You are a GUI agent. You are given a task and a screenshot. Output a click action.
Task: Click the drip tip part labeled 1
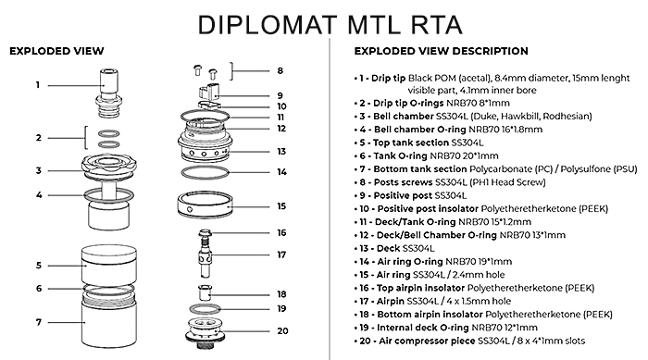[x=108, y=94]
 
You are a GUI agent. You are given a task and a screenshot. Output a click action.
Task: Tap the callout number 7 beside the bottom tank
[x=39, y=322]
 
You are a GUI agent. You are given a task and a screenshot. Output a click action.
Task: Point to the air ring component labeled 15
[x=205, y=205]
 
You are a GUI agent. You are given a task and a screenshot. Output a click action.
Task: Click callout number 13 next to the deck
[x=281, y=151]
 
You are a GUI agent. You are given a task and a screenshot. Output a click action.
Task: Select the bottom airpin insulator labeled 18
[x=205, y=292]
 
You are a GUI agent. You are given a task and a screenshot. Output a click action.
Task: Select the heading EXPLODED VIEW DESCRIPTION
[x=441, y=51]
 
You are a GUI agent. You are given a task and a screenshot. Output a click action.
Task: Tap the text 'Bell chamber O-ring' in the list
[x=419, y=130]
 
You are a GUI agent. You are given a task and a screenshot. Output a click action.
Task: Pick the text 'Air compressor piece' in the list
[x=427, y=341]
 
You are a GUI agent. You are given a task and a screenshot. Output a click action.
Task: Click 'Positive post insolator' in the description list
[x=428, y=209]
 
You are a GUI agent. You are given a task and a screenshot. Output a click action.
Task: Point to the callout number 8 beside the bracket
[x=280, y=70]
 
